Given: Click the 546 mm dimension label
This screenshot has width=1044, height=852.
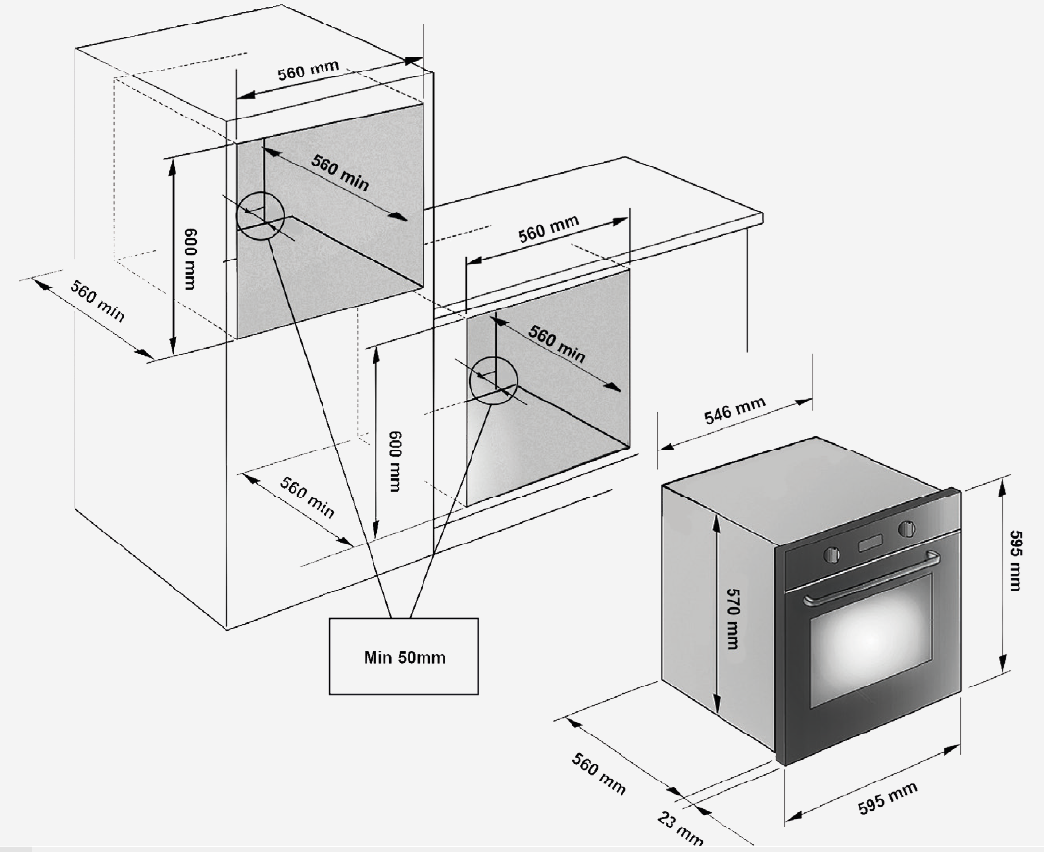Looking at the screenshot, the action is click(x=734, y=409).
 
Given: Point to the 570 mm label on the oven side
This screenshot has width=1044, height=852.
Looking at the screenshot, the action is click(x=732, y=618).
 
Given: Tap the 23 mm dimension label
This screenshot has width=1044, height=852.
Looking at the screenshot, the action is click(x=679, y=828).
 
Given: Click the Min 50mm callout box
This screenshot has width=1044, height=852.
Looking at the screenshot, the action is click(x=404, y=656).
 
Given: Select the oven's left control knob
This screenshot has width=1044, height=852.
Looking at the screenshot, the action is click(x=831, y=554).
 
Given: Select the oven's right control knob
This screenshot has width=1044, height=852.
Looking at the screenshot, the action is click(x=906, y=529).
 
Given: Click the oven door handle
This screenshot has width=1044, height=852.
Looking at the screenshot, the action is click(x=871, y=579).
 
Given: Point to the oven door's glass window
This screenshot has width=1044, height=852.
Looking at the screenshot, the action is click(x=870, y=639).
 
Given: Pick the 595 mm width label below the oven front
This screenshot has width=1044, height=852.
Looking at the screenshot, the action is click(x=887, y=797).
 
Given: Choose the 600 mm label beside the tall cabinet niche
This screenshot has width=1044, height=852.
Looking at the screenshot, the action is click(x=190, y=259).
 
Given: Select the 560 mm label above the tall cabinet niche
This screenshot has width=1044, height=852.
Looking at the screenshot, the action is click(x=308, y=70).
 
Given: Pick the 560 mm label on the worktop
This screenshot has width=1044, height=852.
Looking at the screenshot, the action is click(x=549, y=227).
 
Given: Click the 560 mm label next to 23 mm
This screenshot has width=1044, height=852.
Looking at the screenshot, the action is click(x=599, y=774).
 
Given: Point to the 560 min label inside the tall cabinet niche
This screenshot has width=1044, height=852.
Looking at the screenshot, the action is click(x=340, y=173).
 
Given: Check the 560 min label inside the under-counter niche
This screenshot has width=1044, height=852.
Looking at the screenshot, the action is click(x=558, y=344).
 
